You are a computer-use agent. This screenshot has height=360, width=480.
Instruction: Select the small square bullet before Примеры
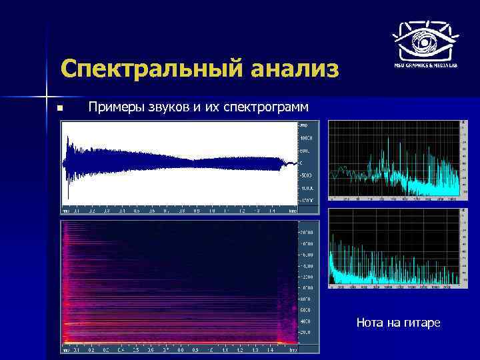coord(60,107)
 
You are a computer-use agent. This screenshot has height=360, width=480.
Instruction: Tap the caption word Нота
coord(370,323)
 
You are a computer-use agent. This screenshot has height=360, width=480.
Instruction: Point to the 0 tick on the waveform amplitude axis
coord(302,163)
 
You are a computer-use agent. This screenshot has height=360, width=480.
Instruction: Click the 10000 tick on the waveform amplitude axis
coord(305,138)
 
